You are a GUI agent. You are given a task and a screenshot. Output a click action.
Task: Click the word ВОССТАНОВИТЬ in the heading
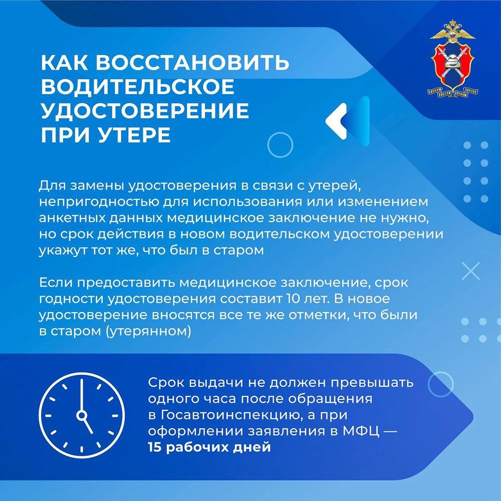coord(192,62)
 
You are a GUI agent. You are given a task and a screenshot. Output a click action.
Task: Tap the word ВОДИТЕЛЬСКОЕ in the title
coord(138,86)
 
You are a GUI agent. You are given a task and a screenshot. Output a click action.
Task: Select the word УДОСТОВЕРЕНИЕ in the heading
coord(145,111)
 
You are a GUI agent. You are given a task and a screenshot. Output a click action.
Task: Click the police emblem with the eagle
coord(452,58)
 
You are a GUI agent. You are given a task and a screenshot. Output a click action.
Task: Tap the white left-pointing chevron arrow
coord(336,121)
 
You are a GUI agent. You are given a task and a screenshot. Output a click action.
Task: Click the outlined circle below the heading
coord(280,145)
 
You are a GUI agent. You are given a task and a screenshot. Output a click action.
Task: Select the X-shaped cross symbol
coord(471,271)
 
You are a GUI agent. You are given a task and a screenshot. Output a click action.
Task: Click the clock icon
coord(82,415)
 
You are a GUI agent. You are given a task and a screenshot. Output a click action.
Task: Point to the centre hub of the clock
coord(82,415)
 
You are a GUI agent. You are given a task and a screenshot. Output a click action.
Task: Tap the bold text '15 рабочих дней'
coord(209,447)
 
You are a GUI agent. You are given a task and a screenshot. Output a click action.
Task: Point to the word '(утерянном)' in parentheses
coord(148,331)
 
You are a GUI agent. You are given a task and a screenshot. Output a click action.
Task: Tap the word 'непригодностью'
coord(99,202)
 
